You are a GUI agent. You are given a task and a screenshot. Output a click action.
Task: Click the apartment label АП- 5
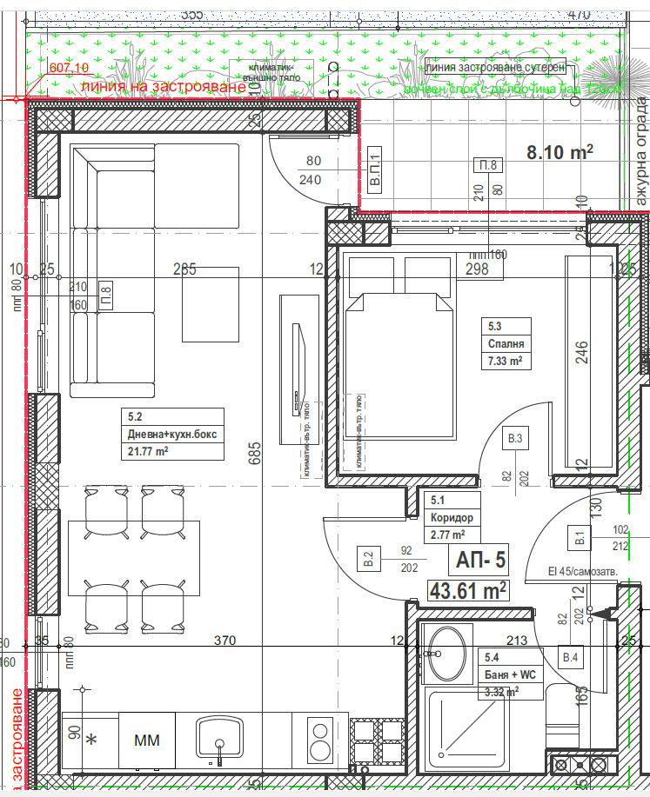click(x=477, y=561)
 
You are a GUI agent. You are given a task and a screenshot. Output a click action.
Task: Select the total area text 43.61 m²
click(x=468, y=591)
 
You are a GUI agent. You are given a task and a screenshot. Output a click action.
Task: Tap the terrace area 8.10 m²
click(x=560, y=152)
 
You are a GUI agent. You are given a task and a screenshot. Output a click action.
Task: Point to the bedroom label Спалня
click(x=502, y=344)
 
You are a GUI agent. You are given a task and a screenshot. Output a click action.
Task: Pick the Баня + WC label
click(x=510, y=674)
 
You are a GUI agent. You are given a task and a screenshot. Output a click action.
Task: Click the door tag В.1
click(x=579, y=539)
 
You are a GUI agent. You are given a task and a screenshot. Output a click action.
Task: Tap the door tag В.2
click(x=367, y=559)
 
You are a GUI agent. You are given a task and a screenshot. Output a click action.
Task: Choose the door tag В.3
click(x=516, y=439)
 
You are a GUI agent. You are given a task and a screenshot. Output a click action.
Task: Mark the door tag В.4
click(x=570, y=658)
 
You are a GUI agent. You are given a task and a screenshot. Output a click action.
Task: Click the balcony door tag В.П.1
click(x=375, y=179)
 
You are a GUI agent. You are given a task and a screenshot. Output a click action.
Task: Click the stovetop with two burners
click(x=319, y=740)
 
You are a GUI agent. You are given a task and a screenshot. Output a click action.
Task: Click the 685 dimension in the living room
click(x=255, y=452)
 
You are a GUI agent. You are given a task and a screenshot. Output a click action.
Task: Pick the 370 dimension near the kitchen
click(x=225, y=641)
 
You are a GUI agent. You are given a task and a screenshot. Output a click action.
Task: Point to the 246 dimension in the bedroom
click(x=581, y=350)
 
